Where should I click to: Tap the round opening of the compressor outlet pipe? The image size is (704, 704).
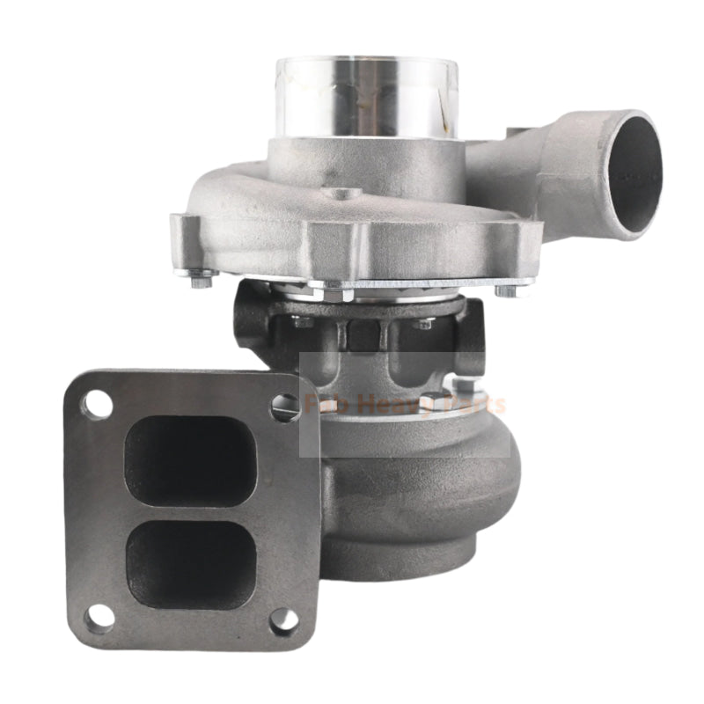pos(633,172)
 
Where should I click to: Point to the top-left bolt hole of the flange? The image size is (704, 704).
pos(98,405)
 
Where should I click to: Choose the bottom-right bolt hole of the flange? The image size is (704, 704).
pos(283,620)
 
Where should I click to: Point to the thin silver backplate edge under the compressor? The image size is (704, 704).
pos(422,283)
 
